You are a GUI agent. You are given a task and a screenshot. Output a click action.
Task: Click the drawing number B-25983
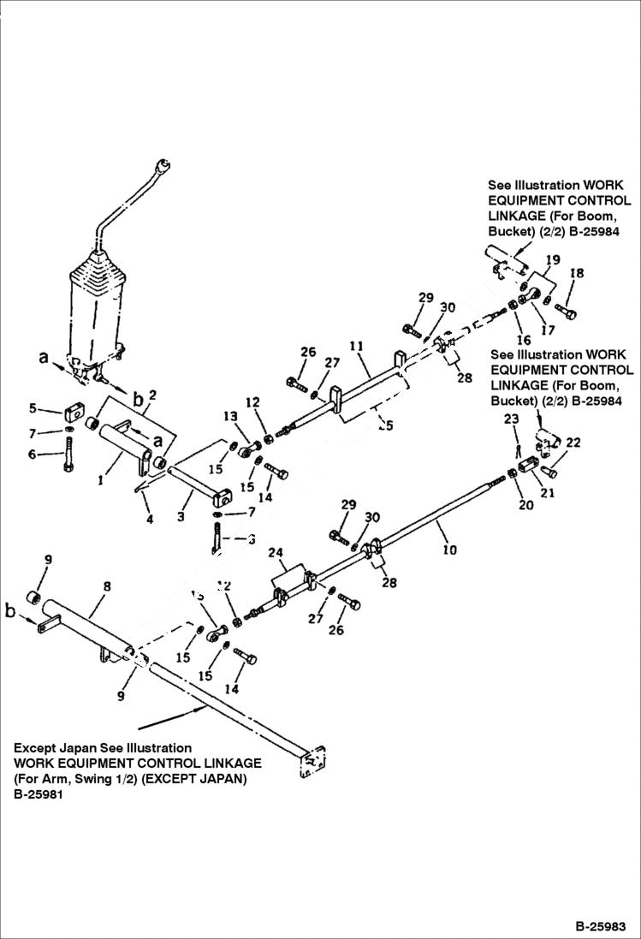click(x=600, y=926)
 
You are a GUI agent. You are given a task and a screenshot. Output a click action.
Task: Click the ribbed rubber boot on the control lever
click(x=96, y=300)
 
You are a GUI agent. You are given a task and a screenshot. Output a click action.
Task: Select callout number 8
click(x=107, y=587)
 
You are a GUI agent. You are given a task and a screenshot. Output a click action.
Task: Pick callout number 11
click(x=357, y=347)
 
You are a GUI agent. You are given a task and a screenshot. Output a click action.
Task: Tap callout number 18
click(x=577, y=273)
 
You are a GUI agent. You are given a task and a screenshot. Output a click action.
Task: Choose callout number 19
click(x=553, y=259)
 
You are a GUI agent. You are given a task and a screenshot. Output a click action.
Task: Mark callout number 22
click(x=573, y=443)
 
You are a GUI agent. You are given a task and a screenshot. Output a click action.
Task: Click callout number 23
click(x=511, y=419)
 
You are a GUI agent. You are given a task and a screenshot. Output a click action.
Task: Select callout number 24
click(x=276, y=553)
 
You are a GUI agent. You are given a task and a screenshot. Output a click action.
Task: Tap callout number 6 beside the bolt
click(x=33, y=455)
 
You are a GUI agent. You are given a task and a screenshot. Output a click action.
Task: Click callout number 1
click(x=100, y=481)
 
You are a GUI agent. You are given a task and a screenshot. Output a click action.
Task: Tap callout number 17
click(x=548, y=329)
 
